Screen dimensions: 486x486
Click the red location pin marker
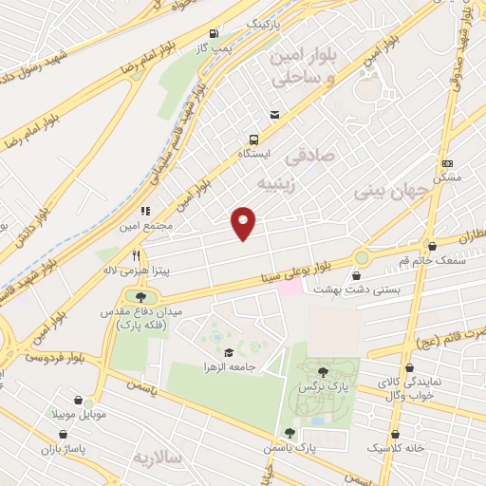pyautogui.click(x=245, y=222)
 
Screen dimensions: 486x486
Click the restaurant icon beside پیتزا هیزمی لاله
pyautogui.click(x=137, y=255)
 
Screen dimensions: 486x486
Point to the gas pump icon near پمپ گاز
pyautogui.click(x=213, y=31)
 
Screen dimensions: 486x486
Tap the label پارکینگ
pyautogui.click(x=264, y=20)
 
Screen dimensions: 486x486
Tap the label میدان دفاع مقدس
pyautogui.click(x=140, y=312)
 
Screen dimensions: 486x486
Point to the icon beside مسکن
pyautogui.click(x=447, y=163)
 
